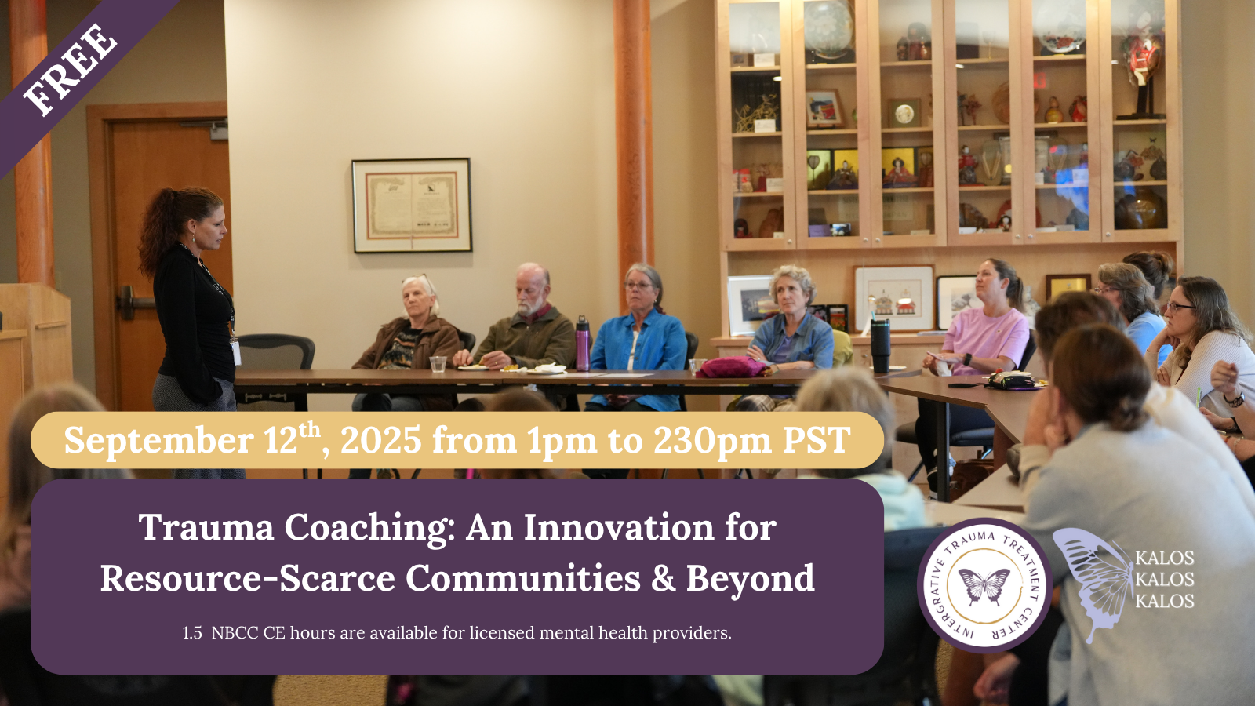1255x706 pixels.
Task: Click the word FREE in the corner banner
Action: point(71,70)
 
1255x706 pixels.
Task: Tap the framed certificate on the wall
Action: point(412,205)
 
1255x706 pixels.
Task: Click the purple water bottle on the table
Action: point(583,344)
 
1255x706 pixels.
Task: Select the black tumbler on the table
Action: point(880,346)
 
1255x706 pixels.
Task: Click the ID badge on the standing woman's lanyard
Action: point(236,352)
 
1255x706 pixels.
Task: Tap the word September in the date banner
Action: point(158,440)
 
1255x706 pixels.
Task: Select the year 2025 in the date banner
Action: point(381,439)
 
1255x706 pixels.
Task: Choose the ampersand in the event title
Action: point(664,578)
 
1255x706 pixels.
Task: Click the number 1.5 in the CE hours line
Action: point(192,633)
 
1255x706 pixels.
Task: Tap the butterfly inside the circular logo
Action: point(984,586)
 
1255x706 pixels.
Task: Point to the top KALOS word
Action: point(1165,558)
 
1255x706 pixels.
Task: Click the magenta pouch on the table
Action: point(732,367)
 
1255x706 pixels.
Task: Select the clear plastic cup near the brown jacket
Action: point(438,364)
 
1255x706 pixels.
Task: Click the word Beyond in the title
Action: point(750,578)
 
